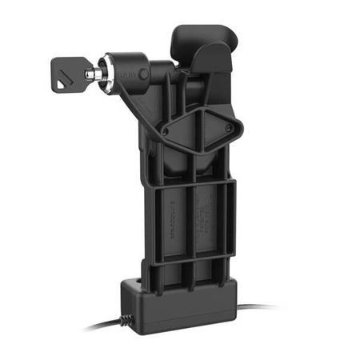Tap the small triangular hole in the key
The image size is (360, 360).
[x=65, y=78]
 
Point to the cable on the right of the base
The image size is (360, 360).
[x=256, y=307]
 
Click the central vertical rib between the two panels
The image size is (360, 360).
[x=190, y=224]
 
